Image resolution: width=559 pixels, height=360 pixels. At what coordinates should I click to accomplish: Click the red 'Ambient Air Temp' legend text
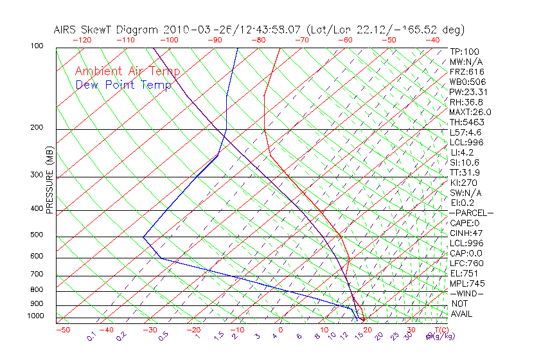point(127,71)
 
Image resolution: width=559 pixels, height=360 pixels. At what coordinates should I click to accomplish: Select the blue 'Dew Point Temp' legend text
point(123,85)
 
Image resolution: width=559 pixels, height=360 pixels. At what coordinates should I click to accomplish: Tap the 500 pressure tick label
point(36,235)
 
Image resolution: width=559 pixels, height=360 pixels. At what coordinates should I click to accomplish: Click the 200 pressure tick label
point(36,127)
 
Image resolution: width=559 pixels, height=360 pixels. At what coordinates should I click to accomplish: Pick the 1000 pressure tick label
point(35,316)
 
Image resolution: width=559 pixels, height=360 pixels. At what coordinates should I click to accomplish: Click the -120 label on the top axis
point(82,40)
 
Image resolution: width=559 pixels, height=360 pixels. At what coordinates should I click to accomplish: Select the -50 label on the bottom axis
point(62,330)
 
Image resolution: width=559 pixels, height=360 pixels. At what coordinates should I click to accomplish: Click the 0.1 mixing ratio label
point(91,337)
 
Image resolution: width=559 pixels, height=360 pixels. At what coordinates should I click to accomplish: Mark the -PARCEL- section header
point(471,213)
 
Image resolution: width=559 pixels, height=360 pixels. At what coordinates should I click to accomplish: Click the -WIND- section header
point(467,293)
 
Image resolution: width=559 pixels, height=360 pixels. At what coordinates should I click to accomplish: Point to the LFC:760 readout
point(466,263)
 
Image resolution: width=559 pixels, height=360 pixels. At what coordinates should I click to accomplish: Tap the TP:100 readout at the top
point(465,51)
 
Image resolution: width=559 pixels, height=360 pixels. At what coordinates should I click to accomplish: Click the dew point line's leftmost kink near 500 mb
point(143,237)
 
